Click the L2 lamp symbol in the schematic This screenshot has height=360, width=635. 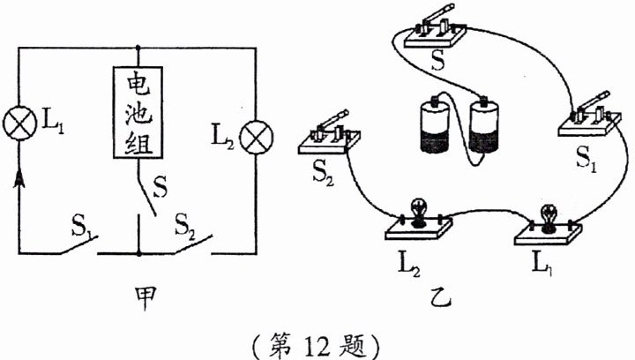tap(256, 138)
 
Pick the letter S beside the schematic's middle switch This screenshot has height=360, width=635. tap(161, 187)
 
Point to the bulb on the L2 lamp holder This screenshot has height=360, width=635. tap(418, 213)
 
